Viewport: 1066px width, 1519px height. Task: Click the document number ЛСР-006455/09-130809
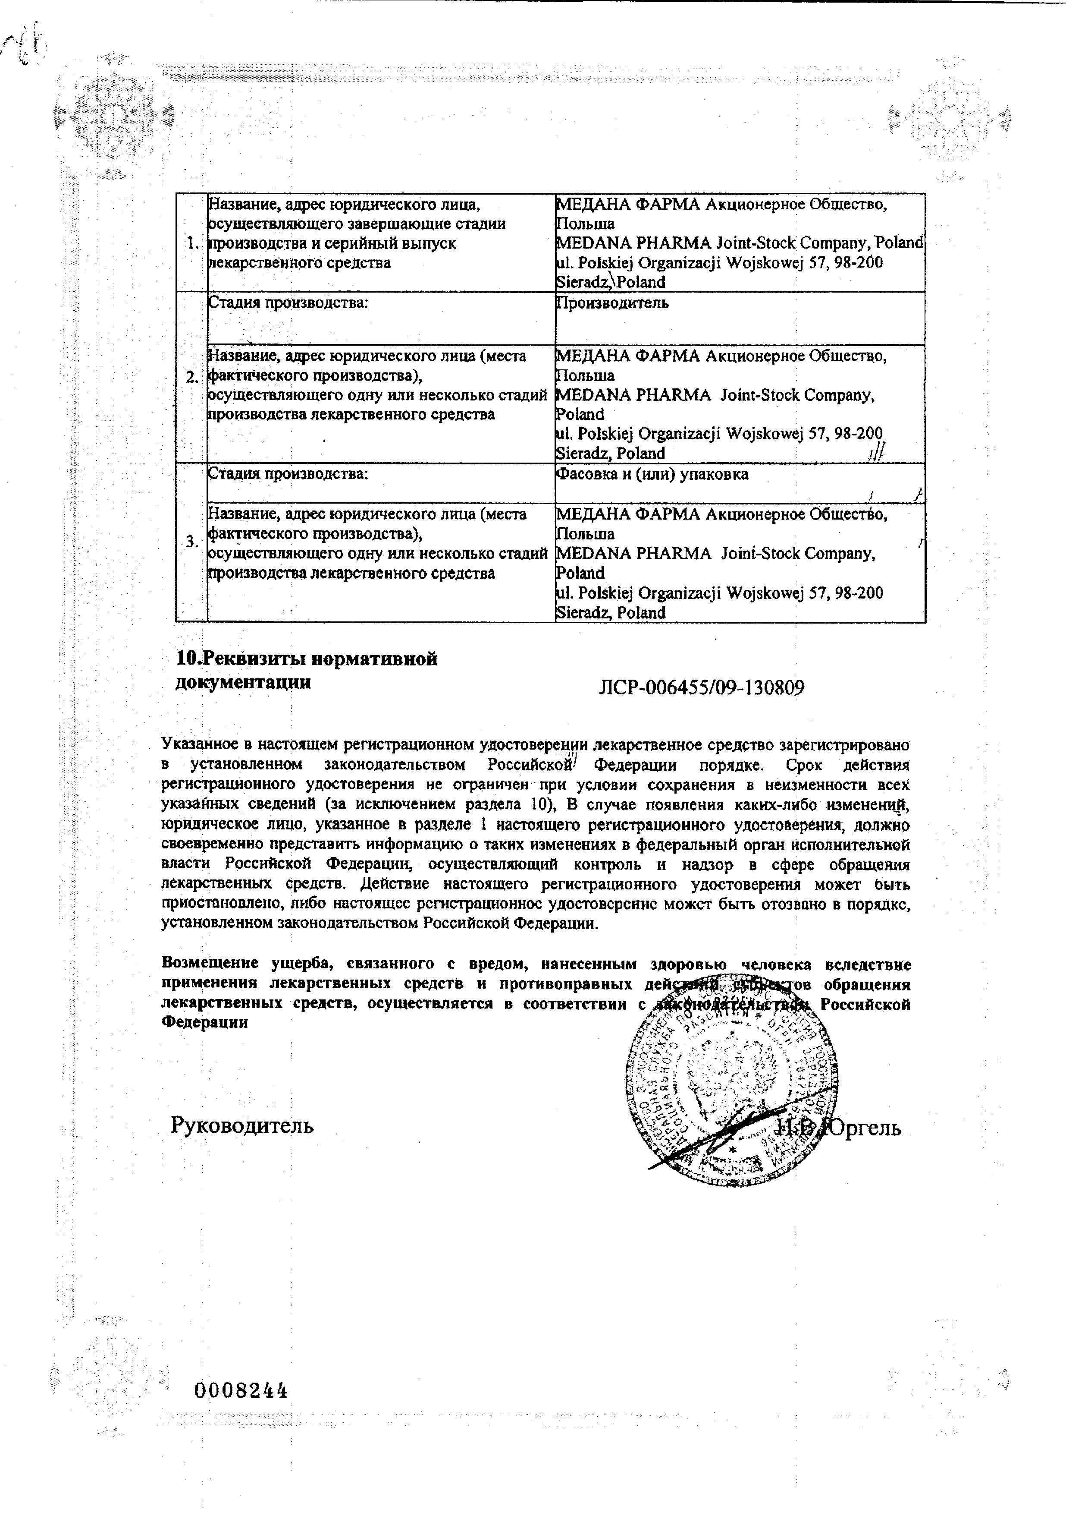coord(701,688)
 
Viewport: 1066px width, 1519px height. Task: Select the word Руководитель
coord(242,1125)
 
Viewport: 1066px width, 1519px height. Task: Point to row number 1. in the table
coord(192,243)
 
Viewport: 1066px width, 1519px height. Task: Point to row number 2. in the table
coord(192,378)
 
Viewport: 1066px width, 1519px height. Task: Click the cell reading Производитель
coord(611,303)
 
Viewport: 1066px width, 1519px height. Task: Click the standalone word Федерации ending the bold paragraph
coord(205,1021)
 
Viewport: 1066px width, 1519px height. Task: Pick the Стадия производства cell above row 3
coord(288,474)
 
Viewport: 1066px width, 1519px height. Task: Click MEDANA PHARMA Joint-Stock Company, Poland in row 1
coord(739,243)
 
